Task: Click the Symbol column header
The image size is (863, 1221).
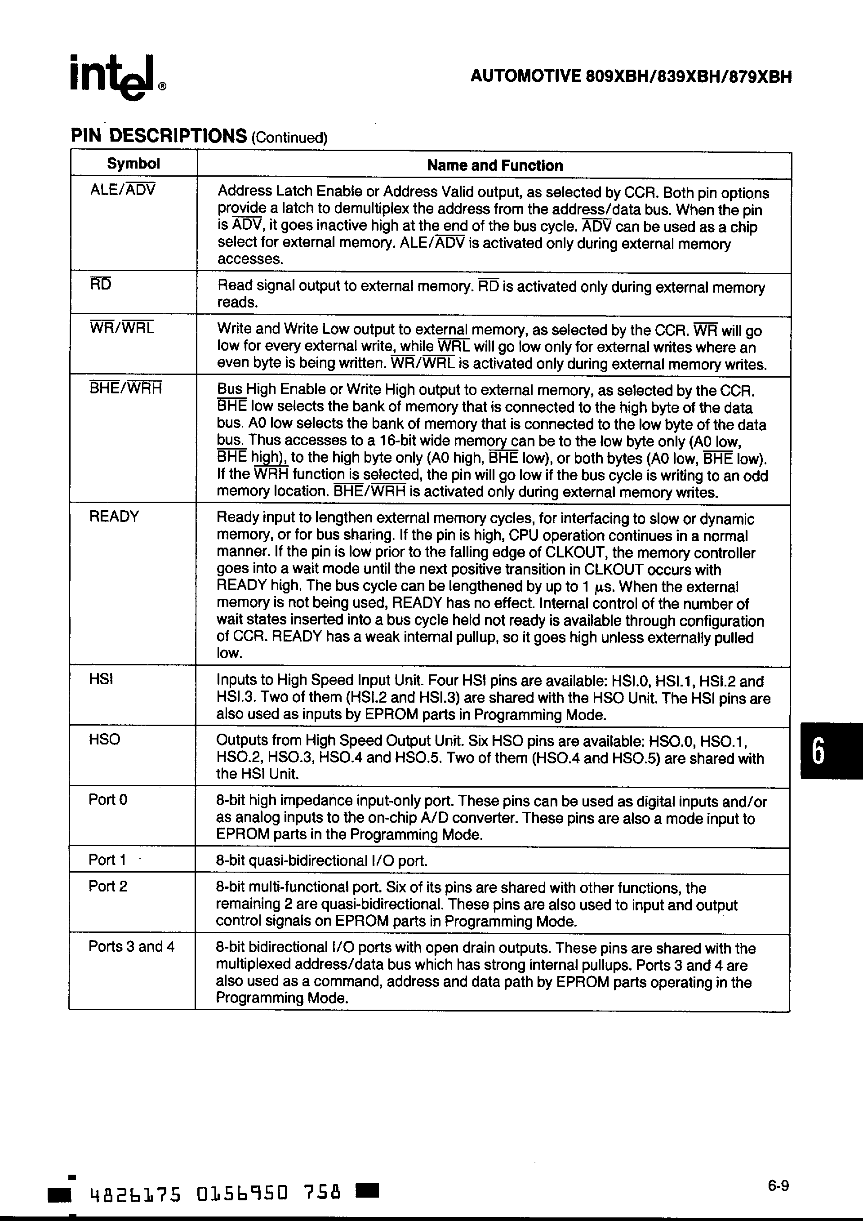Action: [133, 164]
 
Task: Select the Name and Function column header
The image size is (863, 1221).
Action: [494, 166]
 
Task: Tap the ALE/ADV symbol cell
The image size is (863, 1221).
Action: [123, 190]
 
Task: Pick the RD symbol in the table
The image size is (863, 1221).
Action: [101, 285]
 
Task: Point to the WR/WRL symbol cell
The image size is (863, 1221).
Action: [122, 328]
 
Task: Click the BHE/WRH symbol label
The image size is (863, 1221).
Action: [125, 388]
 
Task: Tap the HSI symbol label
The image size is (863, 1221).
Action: [101, 679]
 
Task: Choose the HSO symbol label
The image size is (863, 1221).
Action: [104, 739]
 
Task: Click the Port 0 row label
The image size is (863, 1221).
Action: [108, 800]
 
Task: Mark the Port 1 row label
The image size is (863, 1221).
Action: [107, 860]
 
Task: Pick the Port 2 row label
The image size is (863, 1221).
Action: [108, 887]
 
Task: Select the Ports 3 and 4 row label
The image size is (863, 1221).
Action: [131, 947]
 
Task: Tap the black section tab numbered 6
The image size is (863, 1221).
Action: [831, 750]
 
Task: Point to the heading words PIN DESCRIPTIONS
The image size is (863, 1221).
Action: [159, 136]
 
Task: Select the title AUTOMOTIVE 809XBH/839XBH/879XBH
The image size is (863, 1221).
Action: [631, 78]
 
